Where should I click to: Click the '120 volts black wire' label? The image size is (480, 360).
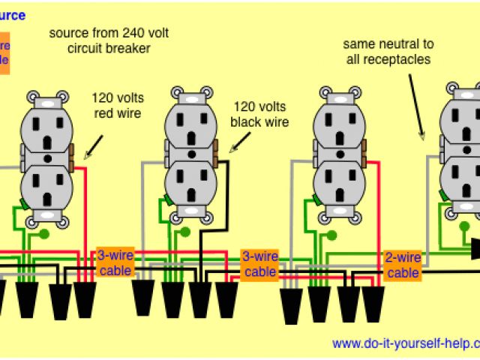260,114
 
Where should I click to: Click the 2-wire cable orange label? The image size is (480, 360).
403,265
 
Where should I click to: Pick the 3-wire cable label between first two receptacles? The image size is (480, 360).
115,262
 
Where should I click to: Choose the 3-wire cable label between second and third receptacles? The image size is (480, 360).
259,263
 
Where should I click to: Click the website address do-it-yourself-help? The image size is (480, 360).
405,343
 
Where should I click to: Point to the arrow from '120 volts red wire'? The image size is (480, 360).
93,148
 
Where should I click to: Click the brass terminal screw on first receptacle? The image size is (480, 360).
72,159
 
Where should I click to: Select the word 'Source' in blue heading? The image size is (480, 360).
13,15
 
